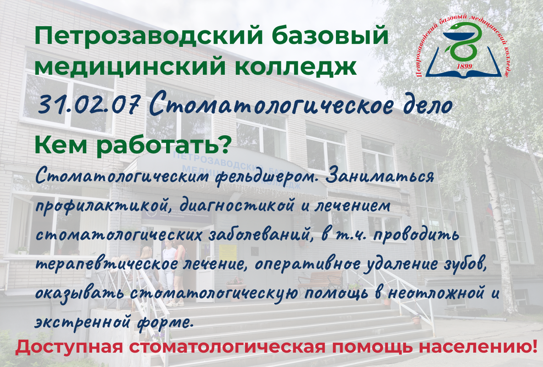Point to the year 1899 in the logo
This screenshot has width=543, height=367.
pos(464,66)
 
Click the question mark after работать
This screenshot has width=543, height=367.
pos(225,145)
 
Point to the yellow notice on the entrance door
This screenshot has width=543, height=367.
pos(228,253)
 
